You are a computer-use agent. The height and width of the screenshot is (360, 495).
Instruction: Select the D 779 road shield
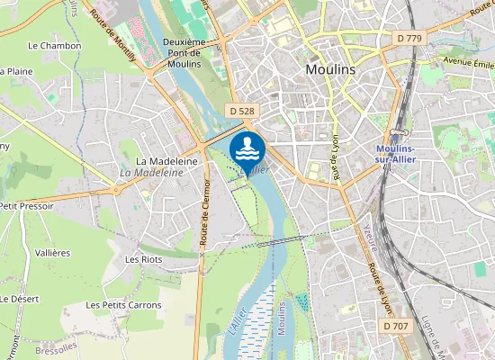click(x=409, y=38)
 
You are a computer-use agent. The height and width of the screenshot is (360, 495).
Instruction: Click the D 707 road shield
click(x=395, y=325)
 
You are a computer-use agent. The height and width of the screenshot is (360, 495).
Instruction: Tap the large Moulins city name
click(x=330, y=69)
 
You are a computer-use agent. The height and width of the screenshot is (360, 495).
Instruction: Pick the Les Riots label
click(x=143, y=259)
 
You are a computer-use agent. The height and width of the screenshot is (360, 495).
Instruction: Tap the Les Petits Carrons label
click(x=124, y=305)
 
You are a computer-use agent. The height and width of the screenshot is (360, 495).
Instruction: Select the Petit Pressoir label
click(x=27, y=206)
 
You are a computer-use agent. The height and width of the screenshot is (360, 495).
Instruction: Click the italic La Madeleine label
click(x=145, y=172)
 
